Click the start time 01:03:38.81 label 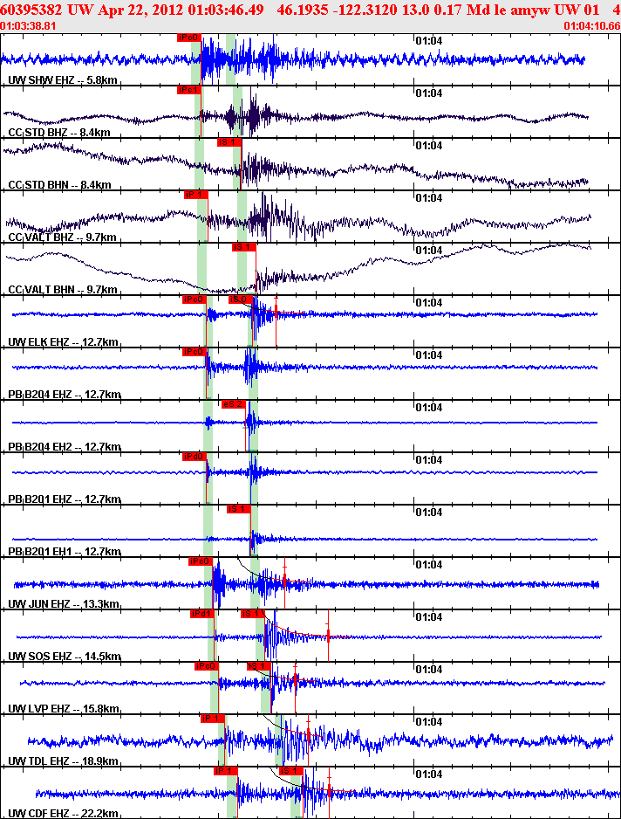[x=29, y=26]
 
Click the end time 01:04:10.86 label [x=592, y=26]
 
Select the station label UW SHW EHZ [x=63, y=80]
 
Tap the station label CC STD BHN [x=60, y=185]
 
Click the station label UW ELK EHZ [x=64, y=342]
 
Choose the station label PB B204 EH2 [x=64, y=447]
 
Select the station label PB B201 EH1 [x=64, y=552]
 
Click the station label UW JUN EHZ [x=64, y=604]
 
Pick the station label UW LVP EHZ [x=64, y=709]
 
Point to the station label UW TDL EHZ [x=64, y=761]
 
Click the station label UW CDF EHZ [x=64, y=814]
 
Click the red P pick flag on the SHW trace [x=188, y=38]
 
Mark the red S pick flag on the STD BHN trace [x=229, y=142]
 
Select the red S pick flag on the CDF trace [x=290, y=771]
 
